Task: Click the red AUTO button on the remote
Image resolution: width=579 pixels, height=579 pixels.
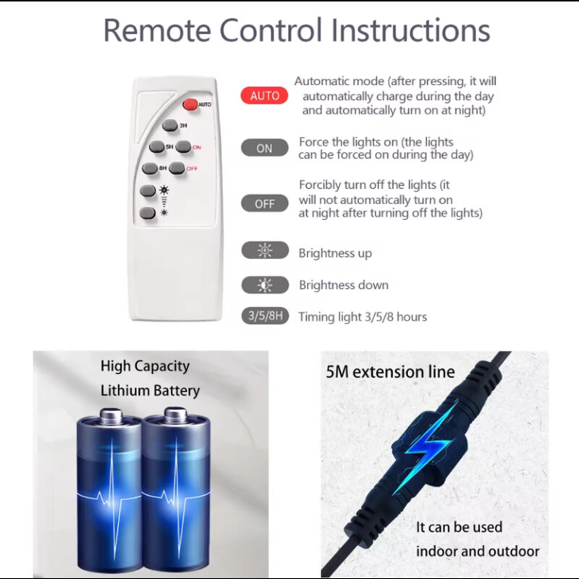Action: pyautogui.click(x=190, y=104)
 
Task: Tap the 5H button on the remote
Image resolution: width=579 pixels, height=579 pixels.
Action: pyautogui.click(x=157, y=147)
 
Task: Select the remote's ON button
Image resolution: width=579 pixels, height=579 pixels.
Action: pyautogui.click(x=184, y=147)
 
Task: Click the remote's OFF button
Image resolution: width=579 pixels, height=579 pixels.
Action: pyautogui.click(x=177, y=168)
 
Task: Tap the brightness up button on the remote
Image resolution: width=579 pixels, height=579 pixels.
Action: pyautogui.click(x=148, y=191)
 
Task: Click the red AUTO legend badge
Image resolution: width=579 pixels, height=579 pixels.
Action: pyautogui.click(x=264, y=96)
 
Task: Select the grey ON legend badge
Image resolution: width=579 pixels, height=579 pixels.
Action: pyautogui.click(x=264, y=148)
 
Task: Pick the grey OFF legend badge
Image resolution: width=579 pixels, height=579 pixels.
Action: pyautogui.click(x=264, y=203)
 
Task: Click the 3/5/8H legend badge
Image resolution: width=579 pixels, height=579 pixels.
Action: pyautogui.click(x=265, y=316)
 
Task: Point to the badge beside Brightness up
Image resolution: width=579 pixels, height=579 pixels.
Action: pyautogui.click(x=265, y=250)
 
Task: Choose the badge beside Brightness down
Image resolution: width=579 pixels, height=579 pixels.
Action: pyautogui.click(x=265, y=285)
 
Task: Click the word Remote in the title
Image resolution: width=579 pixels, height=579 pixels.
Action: pyautogui.click(x=157, y=30)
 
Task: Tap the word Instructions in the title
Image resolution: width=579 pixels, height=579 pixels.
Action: pyautogui.click(x=410, y=30)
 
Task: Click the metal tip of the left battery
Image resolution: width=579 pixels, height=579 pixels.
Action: pyautogui.click(x=111, y=416)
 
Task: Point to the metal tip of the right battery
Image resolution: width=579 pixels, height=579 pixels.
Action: pyautogui.click(x=175, y=415)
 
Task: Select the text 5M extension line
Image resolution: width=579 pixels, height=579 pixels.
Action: pyautogui.click(x=390, y=372)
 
